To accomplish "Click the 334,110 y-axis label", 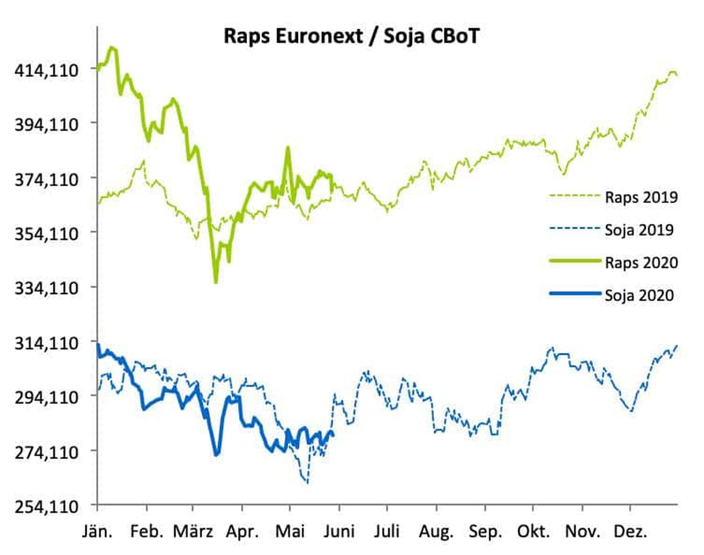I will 47,288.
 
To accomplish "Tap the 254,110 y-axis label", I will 47,507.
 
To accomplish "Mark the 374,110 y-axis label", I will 47,179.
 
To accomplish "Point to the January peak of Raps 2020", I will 112,48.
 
